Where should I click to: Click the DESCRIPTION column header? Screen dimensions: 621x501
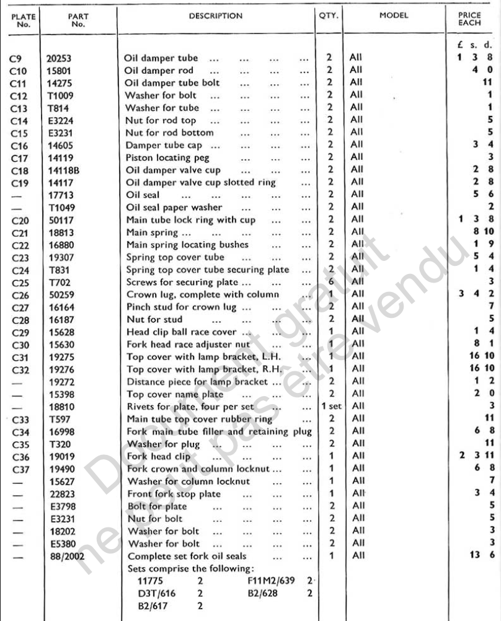tap(216, 16)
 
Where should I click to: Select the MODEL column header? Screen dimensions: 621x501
tap(394, 16)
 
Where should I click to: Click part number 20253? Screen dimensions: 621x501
tap(60, 58)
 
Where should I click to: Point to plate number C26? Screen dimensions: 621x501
tap(19, 294)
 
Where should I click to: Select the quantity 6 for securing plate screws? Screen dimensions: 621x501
tap(329, 282)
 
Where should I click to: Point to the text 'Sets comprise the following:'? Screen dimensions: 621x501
tap(175, 568)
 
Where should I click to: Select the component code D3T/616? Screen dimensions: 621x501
tap(157, 593)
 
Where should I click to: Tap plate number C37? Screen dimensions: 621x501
tap(19, 469)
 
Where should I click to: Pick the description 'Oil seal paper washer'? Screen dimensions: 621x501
tap(174, 207)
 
